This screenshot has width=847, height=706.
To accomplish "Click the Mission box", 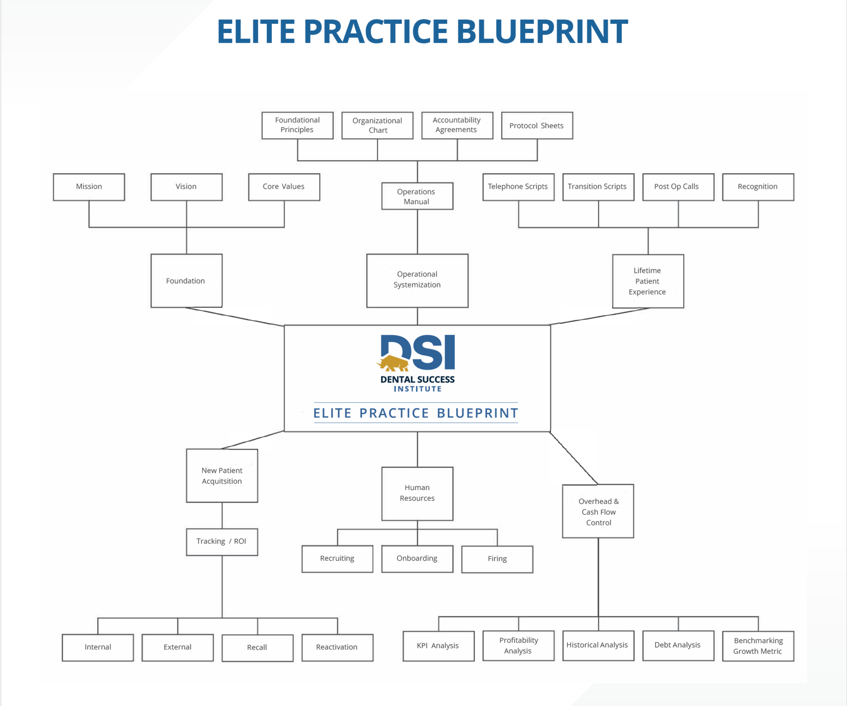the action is (x=89, y=187).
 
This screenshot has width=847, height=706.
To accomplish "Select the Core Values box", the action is (x=284, y=187).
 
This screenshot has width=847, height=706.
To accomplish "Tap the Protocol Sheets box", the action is (x=537, y=125).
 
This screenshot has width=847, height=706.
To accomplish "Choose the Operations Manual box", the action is (x=417, y=196).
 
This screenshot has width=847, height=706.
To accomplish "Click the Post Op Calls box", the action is (x=678, y=187).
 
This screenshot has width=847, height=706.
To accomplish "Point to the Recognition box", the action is (x=758, y=187).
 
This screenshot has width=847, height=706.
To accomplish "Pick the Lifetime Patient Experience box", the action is (x=648, y=281).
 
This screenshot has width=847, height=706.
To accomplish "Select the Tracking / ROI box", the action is (x=222, y=542).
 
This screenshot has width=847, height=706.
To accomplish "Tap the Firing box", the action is (x=497, y=559).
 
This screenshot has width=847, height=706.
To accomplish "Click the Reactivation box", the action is (x=338, y=647).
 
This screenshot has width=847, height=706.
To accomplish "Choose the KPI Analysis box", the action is (x=438, y=646).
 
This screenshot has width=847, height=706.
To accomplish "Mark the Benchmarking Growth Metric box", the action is (x=758, y=646).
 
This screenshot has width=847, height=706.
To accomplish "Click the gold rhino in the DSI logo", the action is (x=393, y=363).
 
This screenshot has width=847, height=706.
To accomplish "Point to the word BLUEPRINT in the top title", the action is (x=542, y=31).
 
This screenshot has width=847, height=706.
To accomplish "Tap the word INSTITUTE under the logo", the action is (x=418, y=389).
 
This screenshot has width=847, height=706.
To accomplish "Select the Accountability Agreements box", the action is (x=457, y=125).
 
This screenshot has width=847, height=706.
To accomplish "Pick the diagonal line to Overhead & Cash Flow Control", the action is (x=574, y=458).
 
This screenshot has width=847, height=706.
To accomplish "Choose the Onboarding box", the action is (x=417, y=559).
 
